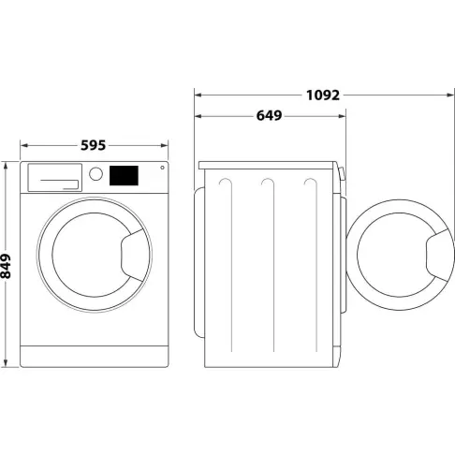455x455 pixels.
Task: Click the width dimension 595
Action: [x=93, y=145]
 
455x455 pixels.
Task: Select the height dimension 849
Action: [x=8, y=265]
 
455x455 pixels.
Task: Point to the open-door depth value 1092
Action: [x=322, y=95]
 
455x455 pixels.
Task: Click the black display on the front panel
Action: [x=125, y=175]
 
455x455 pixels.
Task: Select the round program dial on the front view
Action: [x=95, y=174]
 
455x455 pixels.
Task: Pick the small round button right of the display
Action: [x=161, y=169]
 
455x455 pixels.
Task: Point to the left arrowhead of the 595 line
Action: [x=24, y=146]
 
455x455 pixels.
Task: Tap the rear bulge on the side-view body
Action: [x=198, y=262]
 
